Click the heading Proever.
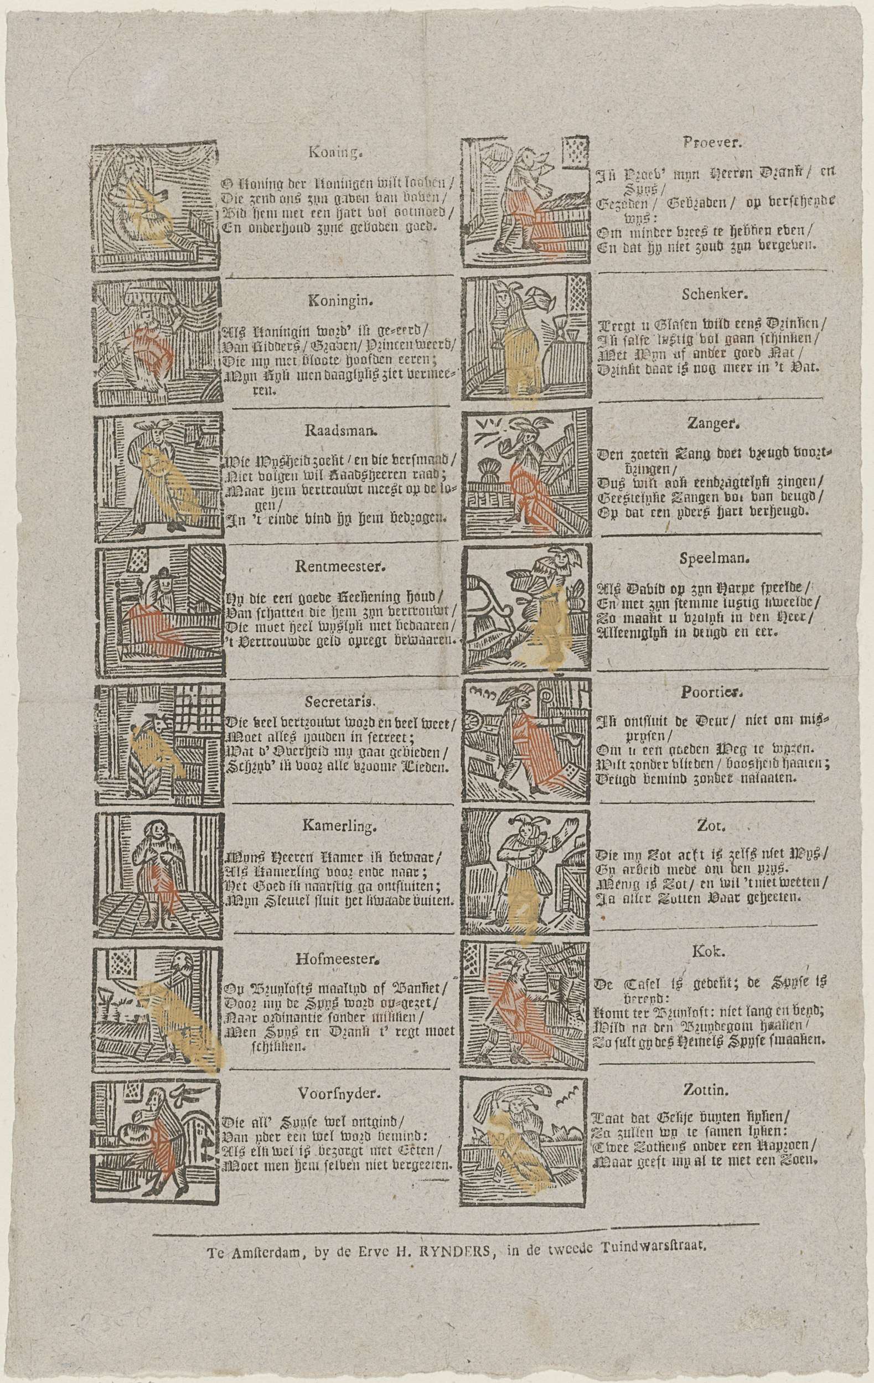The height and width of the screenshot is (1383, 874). click(x=712, y=145)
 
